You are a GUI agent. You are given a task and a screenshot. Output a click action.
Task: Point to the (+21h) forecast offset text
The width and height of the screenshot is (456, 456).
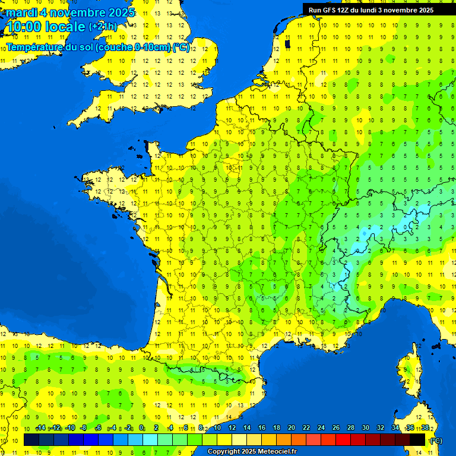tap(103, 26)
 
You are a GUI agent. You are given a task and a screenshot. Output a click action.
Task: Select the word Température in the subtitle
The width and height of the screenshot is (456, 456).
tap(36, 47)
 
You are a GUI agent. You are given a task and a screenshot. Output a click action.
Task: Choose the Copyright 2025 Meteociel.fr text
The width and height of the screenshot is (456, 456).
tap(252, 452)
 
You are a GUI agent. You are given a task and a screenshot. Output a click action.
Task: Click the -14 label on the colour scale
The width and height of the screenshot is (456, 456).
tap(40, 428)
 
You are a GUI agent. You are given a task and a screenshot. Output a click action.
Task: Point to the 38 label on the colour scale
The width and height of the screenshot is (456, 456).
tap(425, 428)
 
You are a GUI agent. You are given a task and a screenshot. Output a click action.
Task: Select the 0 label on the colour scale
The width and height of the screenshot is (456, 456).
tap(141, 428)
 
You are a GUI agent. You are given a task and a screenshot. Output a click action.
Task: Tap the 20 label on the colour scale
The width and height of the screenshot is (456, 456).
tap(291, 428)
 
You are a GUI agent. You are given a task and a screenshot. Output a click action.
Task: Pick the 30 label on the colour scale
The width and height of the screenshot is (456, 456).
tap(365, 428)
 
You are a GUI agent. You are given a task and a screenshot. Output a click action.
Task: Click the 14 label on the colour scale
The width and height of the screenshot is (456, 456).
tap(246, 428)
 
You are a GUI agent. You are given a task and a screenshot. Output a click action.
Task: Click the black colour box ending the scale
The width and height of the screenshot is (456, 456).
tap(417, 439)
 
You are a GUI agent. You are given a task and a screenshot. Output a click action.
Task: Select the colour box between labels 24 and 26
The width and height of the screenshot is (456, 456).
tap(328, 439)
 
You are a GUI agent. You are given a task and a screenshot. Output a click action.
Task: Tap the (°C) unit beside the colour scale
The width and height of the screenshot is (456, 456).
tap(436, 440)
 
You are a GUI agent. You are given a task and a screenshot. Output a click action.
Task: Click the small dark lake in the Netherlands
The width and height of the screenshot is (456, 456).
tap(287, 43)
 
